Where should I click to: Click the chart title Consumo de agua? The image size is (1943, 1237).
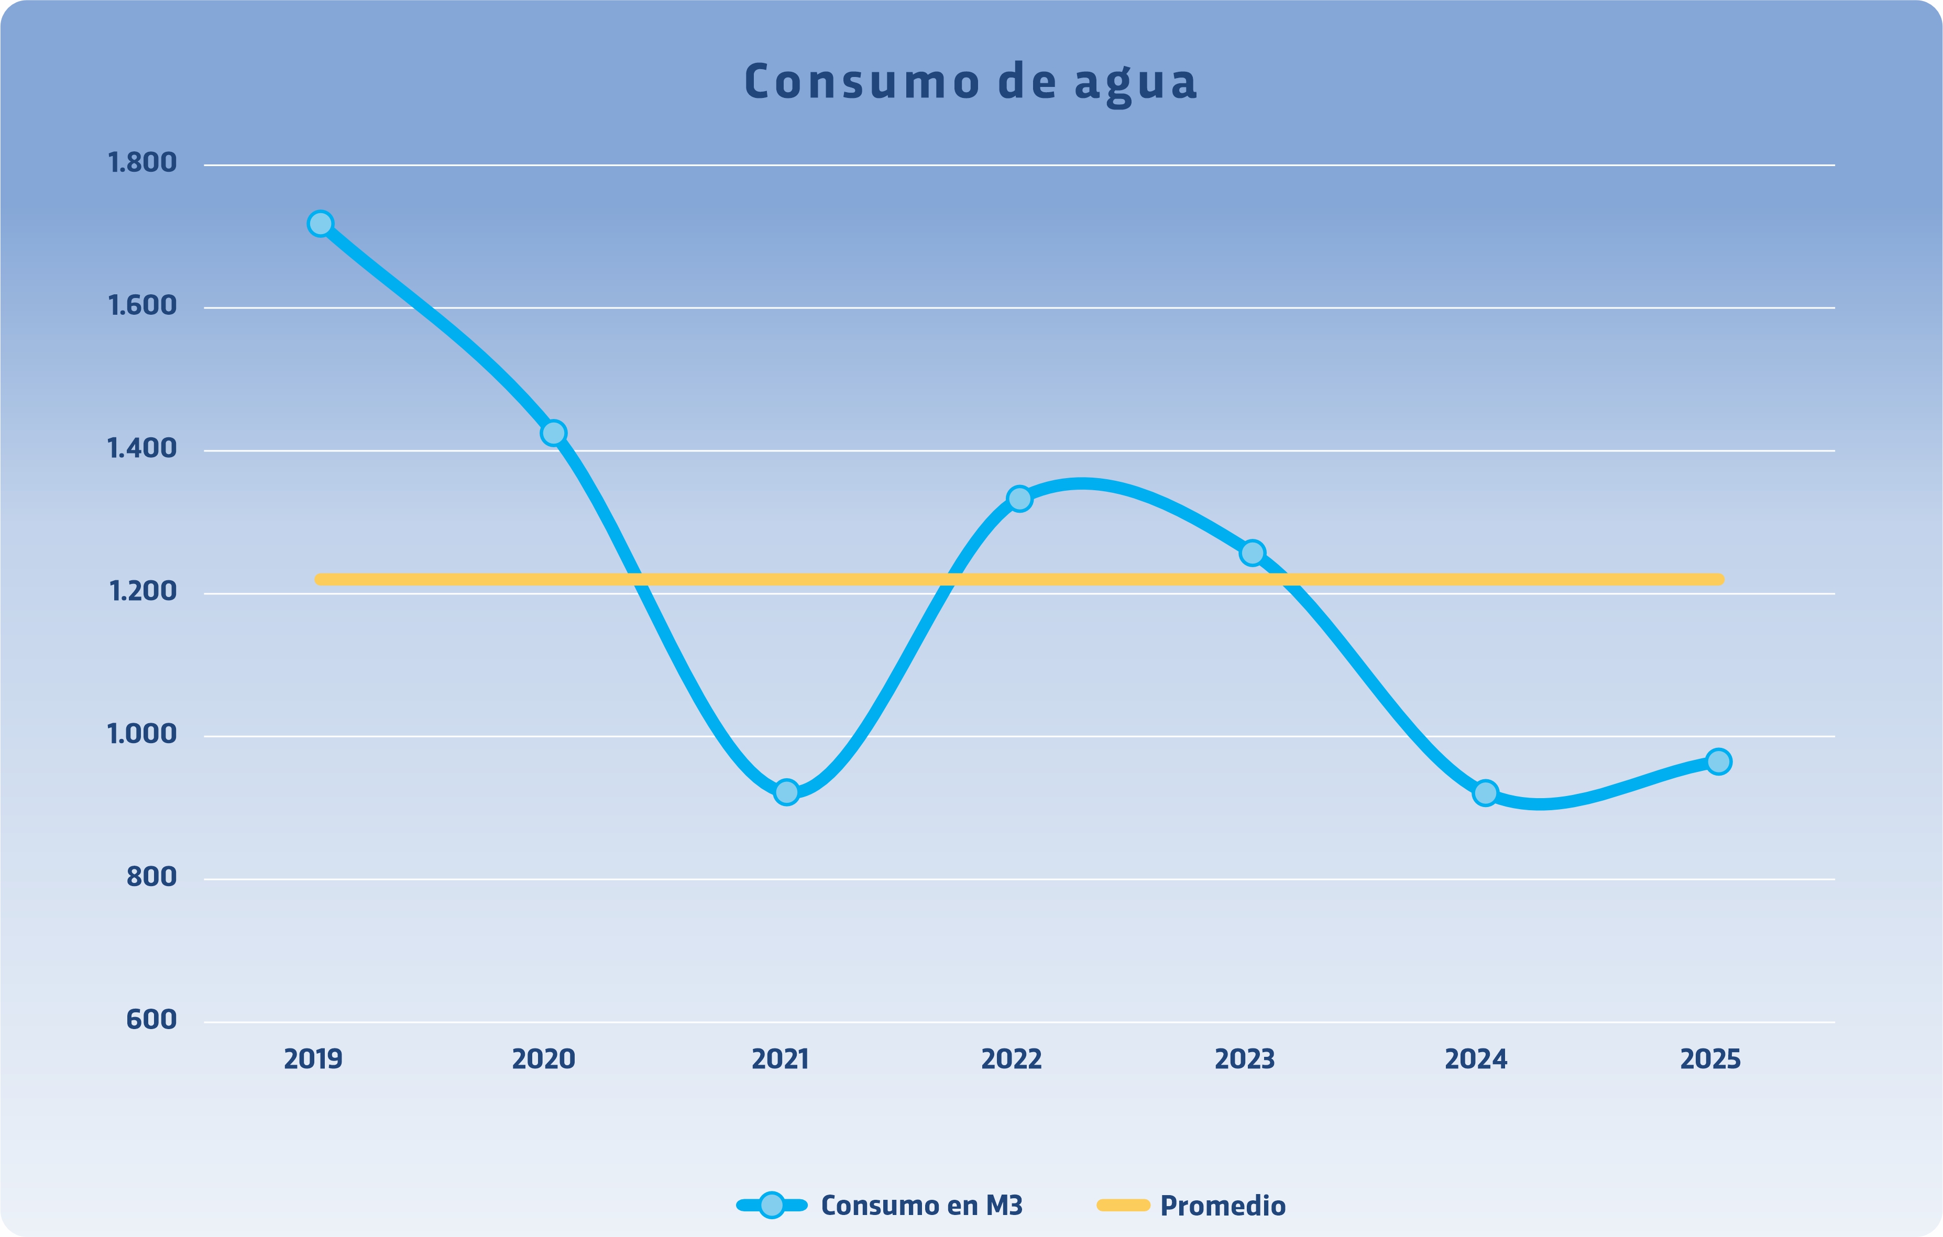pos(971,82)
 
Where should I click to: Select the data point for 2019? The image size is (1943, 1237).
pos(320,224)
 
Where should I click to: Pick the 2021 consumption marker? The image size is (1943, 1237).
pos(786,792)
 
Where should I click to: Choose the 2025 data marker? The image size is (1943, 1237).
pos(1719,761)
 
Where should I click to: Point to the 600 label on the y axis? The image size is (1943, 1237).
pos(152,1020)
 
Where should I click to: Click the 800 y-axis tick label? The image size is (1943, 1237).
pos(152,877)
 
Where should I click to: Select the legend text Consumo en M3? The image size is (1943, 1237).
pos(921,1206)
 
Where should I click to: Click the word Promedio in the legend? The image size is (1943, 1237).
pos(1223,1206)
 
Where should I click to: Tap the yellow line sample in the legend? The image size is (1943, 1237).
pos(1123,1206)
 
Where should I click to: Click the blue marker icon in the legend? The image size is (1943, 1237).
pos(772,1206)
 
